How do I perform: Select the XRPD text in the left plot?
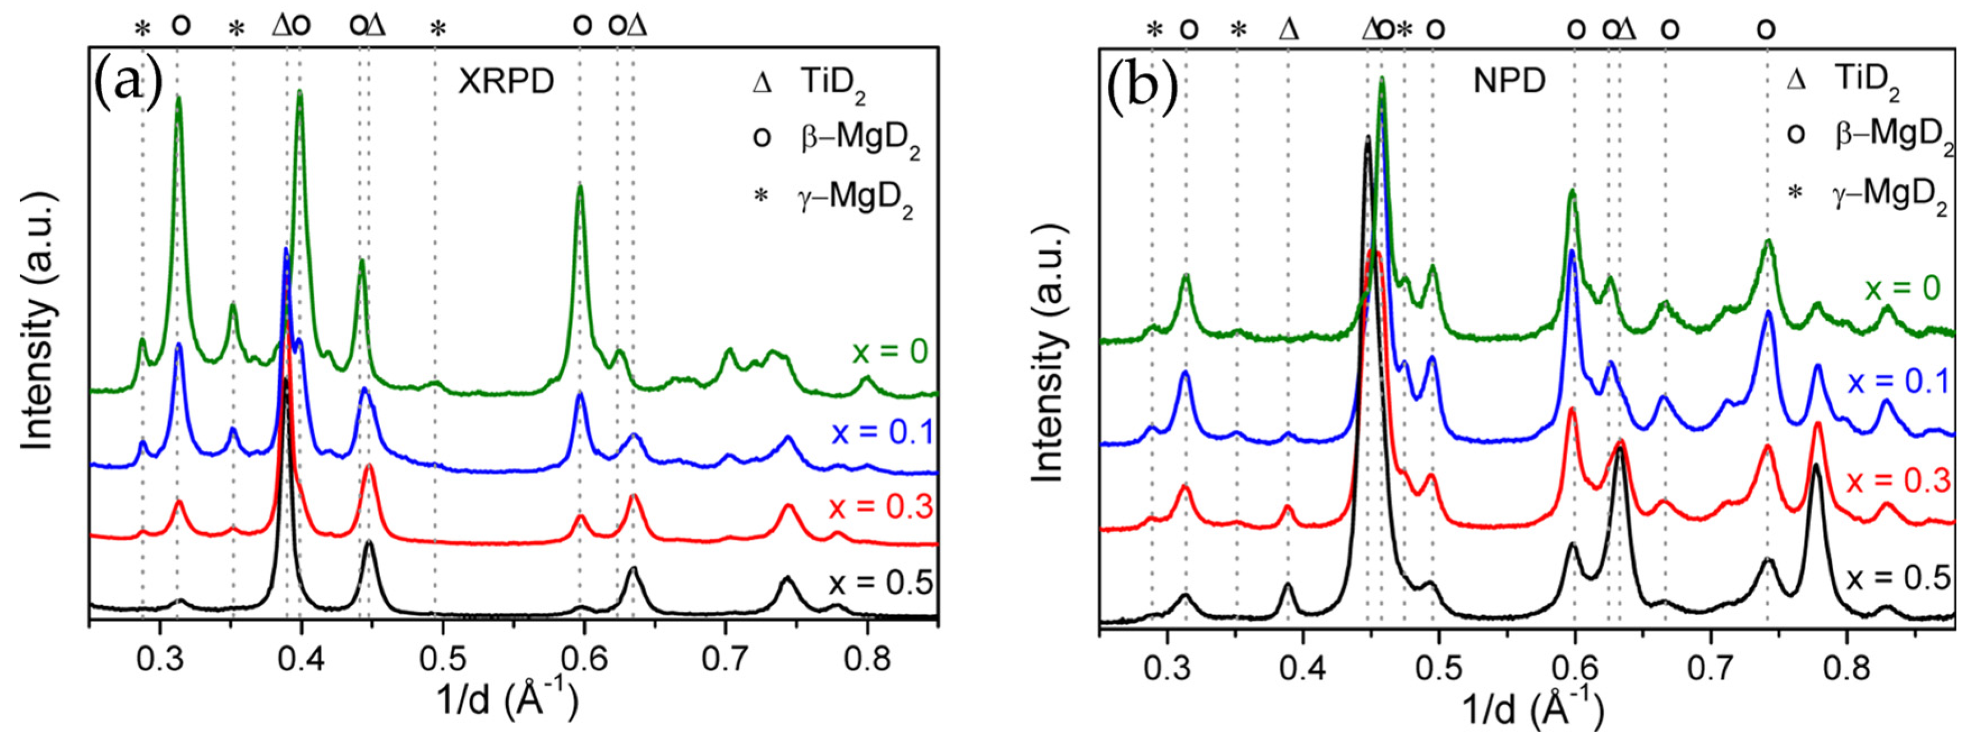coord(506,81)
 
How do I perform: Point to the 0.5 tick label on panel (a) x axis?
coord(441,658)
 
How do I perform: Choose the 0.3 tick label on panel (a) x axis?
coord(160,658)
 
